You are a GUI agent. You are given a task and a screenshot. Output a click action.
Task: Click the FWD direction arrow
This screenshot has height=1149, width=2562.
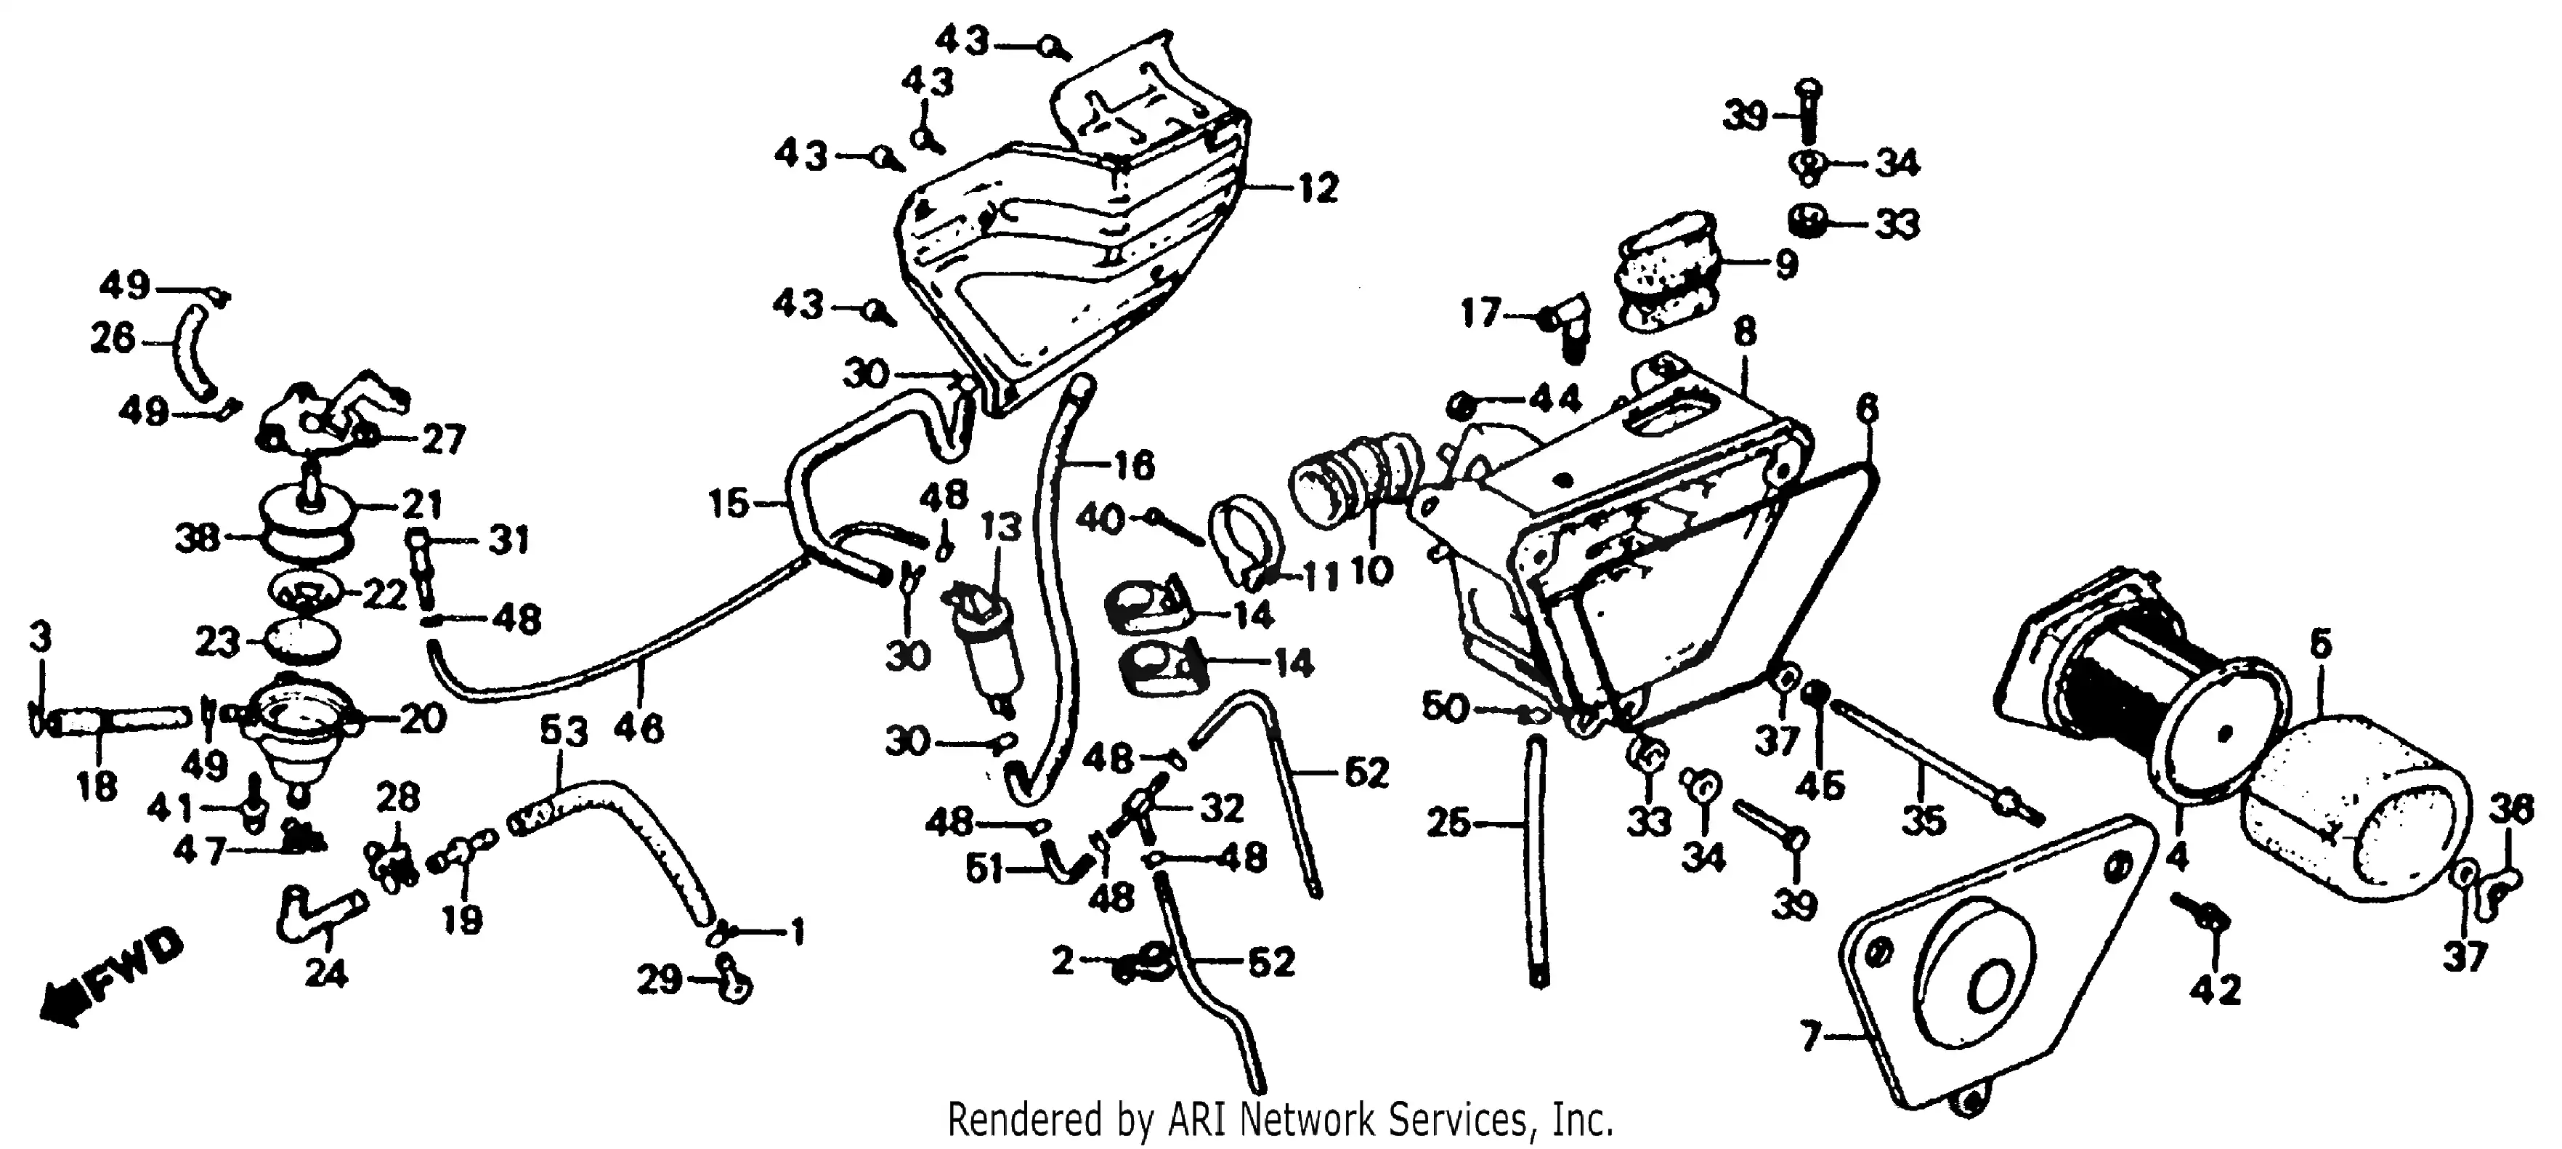(110, 979)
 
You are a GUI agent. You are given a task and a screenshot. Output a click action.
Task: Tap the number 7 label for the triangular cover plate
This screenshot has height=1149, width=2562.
(1810, 1039)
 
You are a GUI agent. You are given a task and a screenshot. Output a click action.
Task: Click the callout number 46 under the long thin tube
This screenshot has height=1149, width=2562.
(639, 728)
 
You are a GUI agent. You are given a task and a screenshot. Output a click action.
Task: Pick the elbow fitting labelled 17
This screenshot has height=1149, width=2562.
(1565, 326)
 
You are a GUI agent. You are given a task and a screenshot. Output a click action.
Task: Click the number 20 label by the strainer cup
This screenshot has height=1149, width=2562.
(423, 718)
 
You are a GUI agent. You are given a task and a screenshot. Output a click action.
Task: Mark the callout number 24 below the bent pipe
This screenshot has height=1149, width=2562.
(326, 974)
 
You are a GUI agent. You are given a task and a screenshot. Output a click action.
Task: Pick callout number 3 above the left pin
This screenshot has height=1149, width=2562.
(40, 637)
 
